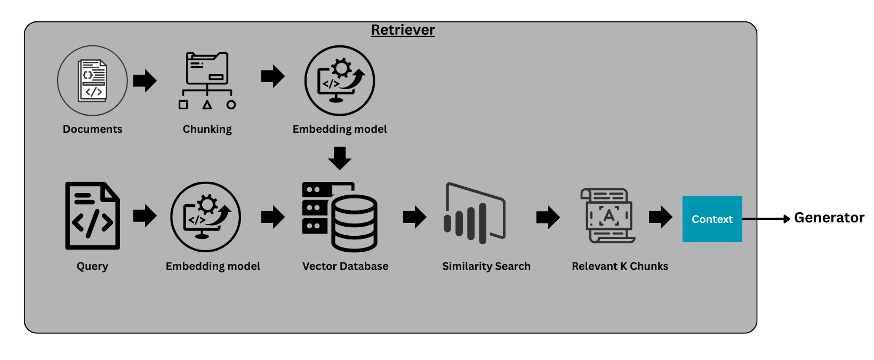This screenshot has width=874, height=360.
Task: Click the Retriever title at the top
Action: pos(403,30)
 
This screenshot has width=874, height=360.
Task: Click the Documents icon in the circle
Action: pos(92,81)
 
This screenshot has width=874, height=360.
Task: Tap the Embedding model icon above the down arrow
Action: pos(340,81)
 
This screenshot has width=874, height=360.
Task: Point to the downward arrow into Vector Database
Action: pos(340,158)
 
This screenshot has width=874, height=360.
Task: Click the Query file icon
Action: pos(92,215)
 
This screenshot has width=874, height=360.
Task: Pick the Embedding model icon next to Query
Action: pos(206,217)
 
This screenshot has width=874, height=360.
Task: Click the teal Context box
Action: pos(712,219)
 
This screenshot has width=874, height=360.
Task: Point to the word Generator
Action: pos(829,218)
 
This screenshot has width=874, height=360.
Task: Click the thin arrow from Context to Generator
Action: pos(765,219)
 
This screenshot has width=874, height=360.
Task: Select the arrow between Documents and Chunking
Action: pos(145,81)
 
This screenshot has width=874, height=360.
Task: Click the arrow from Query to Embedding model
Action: pos(145,215)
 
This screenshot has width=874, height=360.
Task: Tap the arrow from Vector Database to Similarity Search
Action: pos(414,217)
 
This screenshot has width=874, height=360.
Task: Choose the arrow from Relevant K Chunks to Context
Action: pos(660,217)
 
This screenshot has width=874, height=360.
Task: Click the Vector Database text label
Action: pos(345,266)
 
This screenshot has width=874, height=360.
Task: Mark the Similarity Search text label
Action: pos(486,266)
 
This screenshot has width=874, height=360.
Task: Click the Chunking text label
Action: pos(207,129)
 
